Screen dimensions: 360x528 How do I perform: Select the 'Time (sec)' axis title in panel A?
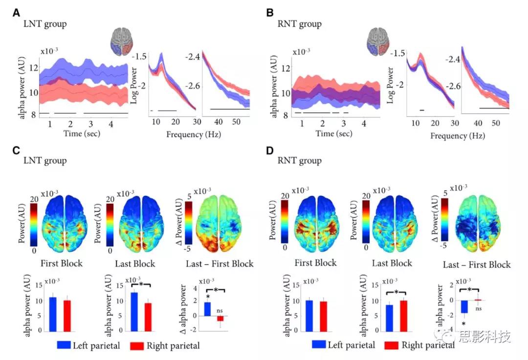pos(82,133)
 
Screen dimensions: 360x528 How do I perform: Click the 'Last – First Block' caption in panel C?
pos(220,264)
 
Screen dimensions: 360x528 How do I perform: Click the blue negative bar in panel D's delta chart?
pos(464,306)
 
